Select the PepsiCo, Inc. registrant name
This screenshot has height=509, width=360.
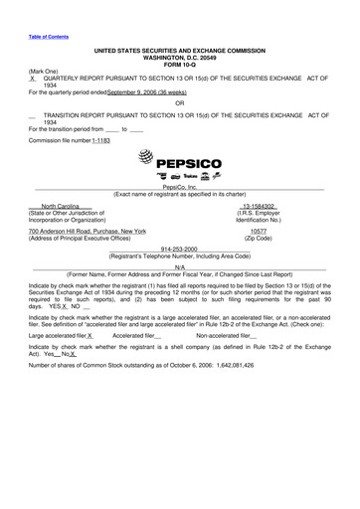[x=179, y=187]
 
